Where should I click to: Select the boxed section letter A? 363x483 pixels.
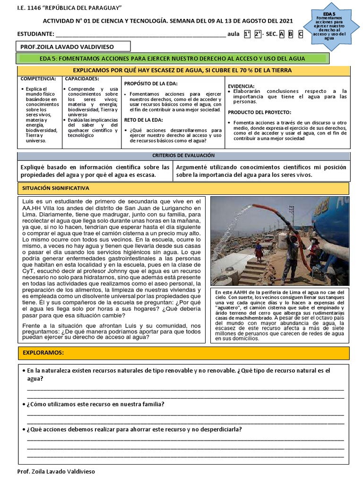tap(282, 34)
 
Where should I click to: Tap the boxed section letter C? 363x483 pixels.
tap(301, 34)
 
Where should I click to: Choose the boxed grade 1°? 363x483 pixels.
tap(247, 34)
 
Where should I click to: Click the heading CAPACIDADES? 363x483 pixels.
tap(82, 78)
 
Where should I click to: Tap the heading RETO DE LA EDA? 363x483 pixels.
tap(144, 120)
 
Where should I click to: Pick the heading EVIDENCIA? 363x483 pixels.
tap(242, 86)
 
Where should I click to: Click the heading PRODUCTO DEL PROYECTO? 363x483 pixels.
tap(259, 112)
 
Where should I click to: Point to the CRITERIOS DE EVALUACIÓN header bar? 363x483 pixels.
tap(183, 155)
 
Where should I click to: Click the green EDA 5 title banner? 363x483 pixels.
tap(173, 58)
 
